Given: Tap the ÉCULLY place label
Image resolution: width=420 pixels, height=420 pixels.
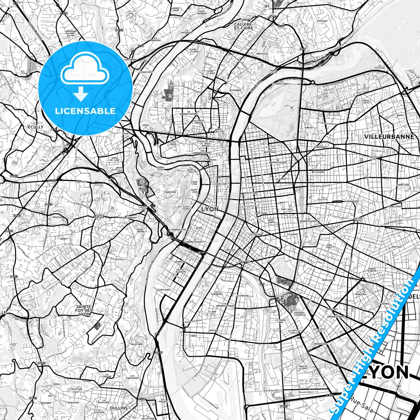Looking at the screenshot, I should (x=35, y=127).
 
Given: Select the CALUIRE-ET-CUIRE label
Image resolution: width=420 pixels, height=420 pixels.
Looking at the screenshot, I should (x=244, y=26).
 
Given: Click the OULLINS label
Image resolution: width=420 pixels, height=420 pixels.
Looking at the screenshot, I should (x=119, y=408).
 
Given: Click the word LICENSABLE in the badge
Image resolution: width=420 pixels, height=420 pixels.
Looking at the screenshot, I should (x=85, y=111).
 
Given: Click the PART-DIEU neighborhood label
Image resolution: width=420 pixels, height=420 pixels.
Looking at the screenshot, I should (x=287, y=209).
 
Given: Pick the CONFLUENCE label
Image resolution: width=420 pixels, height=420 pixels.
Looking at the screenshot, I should (x=165, y=290).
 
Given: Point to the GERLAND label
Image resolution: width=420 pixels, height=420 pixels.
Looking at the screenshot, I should (x=213, y=330).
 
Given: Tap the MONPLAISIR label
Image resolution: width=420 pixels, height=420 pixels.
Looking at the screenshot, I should (x=328, y=280).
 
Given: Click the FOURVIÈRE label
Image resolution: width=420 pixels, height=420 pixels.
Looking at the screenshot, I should (x=170, y=192).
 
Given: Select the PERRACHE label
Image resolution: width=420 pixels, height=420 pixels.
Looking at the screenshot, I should (x=180, y=262).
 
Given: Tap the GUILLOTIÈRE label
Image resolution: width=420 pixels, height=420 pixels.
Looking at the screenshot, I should (x=253, y=234).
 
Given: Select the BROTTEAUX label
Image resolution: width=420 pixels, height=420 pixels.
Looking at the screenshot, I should (x=269, y=152).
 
